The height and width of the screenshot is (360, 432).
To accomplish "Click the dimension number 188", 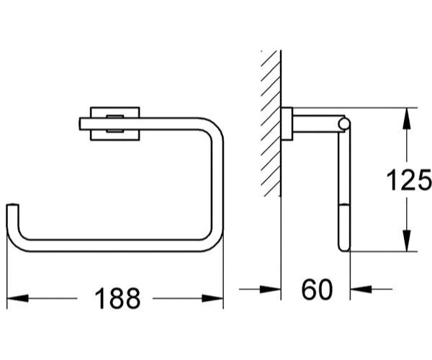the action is pyautogui.click(x=117, y=298).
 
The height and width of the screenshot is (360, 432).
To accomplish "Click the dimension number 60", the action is pyautogui.click(x=317, y=289).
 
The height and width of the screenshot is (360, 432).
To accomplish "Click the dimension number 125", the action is pyautogui.click(x=409, y=180).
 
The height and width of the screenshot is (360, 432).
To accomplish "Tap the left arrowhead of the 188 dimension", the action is pyautogui.click(x=17, y=298).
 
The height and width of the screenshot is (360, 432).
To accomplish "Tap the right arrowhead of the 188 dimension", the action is pyautogui.click(x=212, y=298).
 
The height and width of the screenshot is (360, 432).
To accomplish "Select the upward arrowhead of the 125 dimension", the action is pyautogui.click(x=406, y=118).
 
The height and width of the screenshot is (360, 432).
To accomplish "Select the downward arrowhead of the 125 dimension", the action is pyautogui.click(x=406, y=240).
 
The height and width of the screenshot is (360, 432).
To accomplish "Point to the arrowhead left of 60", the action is pyautogui.click(x=270, y=289).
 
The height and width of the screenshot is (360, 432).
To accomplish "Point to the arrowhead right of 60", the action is pyautogui.click(x=361, y=289).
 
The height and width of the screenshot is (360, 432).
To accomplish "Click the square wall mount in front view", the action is pyautogui.click(x=115, y=124).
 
